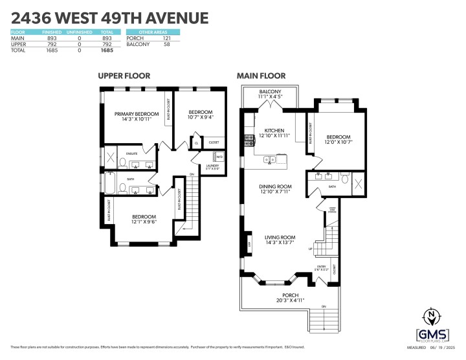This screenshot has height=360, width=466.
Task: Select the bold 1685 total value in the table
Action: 107,49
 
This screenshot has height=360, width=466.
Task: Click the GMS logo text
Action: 432,333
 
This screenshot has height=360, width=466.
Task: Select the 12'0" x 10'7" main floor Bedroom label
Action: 338,140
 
